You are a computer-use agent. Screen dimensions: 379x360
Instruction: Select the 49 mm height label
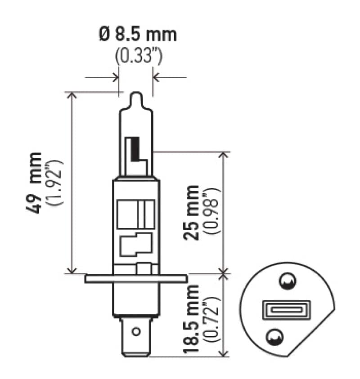pos(35,182)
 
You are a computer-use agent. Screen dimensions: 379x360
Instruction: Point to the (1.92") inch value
pos(57,182)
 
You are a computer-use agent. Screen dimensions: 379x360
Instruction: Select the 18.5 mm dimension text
pos(193,319)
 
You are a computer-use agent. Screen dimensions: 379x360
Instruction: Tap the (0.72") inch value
pos(212,319)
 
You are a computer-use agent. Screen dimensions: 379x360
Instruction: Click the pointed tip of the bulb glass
pos(136,95)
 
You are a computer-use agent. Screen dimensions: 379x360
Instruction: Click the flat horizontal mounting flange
pos(135,279)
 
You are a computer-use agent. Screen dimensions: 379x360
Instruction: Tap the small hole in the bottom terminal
pos(135,333)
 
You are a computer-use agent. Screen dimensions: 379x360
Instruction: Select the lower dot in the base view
pos(274,336)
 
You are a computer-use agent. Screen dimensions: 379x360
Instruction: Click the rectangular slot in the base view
pos(279,310)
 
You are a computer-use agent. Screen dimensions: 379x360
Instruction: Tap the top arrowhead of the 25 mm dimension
pos(224,154)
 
